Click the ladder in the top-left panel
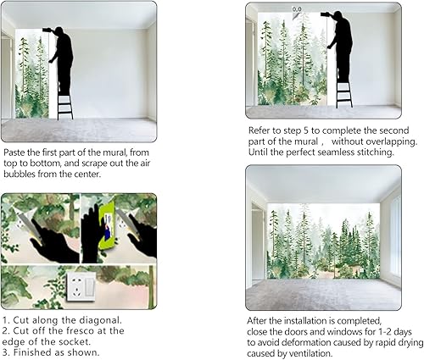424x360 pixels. pos(64,102)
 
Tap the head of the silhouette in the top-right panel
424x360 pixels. pos(340,18)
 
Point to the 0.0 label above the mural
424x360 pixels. pos(297,9)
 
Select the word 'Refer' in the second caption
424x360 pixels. pos(261,130)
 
